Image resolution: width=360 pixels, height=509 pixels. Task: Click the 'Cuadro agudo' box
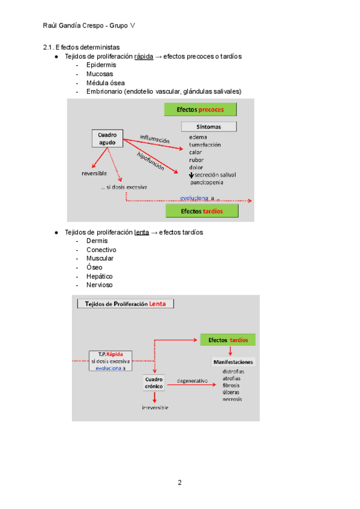tap(107, 139)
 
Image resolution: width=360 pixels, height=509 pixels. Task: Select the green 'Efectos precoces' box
tap(201, 109)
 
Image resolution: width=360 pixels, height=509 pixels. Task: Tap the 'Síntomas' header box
tap(208, 127)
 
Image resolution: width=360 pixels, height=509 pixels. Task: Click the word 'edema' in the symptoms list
tap(198, 137)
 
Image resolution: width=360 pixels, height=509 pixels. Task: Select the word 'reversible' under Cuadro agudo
tap(94, 173)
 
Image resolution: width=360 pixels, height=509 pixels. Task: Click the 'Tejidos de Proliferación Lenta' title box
tap(125, 303)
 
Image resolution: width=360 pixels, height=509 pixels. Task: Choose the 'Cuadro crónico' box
tap(154, 382)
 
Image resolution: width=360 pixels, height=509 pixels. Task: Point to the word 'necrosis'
tap(232, 399)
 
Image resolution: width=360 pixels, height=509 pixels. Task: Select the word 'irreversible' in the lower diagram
tap(155, 408)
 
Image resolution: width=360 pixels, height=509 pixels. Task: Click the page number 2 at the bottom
tap(179, 483)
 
